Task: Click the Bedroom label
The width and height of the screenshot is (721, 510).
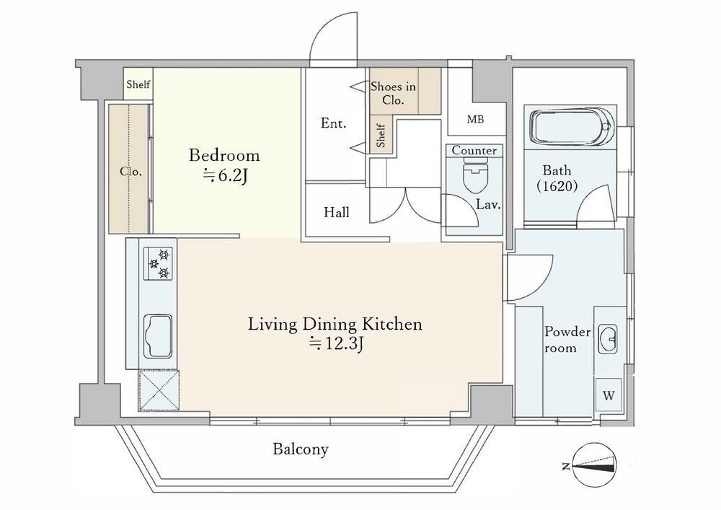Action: [224, 155]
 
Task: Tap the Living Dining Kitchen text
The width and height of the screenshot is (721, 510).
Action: [335, 324]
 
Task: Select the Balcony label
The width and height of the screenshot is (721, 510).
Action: [301, 449]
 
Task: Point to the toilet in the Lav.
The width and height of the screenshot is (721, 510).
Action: [475, 176]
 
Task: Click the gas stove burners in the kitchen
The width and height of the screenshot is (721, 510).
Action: [158, 263]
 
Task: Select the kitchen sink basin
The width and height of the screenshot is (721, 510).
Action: [157, 336]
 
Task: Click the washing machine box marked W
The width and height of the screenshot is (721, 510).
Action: [609, 395]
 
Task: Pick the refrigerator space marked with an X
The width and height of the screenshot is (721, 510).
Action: [159, 390]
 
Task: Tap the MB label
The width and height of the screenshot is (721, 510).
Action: [475, 120]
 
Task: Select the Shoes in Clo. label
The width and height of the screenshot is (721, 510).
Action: [393, 93]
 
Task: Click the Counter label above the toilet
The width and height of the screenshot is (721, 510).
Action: [474, 150]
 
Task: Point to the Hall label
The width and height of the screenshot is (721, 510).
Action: [337, 213]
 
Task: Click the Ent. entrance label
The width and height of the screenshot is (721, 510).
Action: [333, 123]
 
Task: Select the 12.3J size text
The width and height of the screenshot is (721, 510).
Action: [337, 343]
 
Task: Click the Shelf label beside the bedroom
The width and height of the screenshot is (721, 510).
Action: [138, 84]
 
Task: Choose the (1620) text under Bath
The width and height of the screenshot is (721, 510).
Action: [557, 186]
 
